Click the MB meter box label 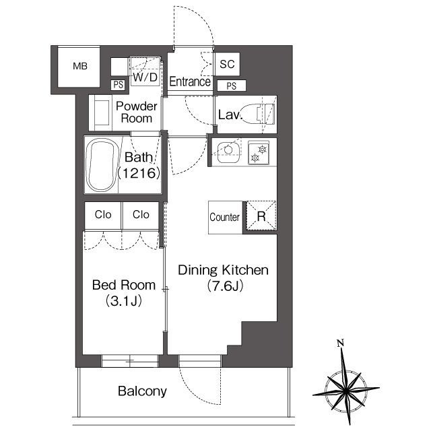[80, 66]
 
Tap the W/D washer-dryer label [145, 77]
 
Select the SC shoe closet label [227, 64]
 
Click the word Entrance [190, 81]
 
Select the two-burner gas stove [259, 153]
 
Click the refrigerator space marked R [261, 216]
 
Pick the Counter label [224, 217]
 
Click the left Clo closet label [103, 214]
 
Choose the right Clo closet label [141, 214]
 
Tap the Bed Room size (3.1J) [124, 301]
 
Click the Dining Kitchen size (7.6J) [225, 286]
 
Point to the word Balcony [142, 391]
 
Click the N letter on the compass [340, 343]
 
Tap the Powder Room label [136, 112]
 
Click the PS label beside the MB [119, 85]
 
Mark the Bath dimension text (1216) [139, 173]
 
